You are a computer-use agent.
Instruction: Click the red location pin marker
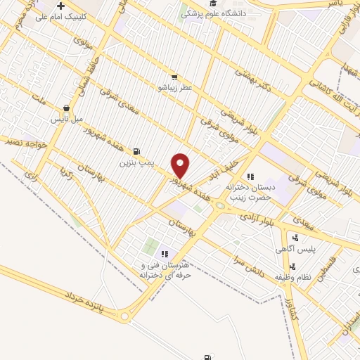click(181, 166)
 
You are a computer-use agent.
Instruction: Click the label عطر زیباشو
click(174, 88)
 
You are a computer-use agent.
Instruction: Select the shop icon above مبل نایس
click(66, 108)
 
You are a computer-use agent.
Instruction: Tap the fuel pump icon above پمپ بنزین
click(136, 150)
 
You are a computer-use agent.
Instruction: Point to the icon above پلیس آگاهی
click(295, 238)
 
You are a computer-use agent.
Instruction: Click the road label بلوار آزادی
click(260, 219)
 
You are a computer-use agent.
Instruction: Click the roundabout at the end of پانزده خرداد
click(125, 317)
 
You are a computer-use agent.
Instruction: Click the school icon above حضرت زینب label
click(249, 176)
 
